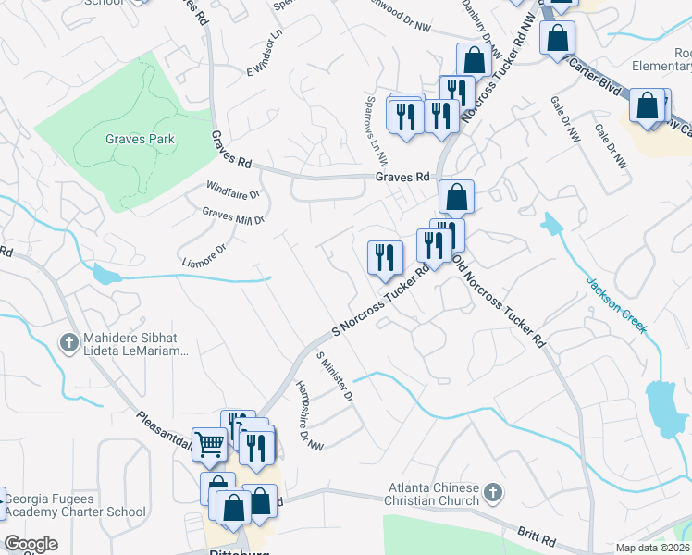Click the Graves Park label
[x=140, y=139]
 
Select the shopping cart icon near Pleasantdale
[x=209, y=444]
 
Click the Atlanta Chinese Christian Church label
[x=434, y=494]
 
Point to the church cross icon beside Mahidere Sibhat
[x=68, y=343]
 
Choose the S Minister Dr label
[x=335, y=376]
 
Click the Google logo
[x=31, y=544]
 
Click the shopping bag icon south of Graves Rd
[x=456, y=197]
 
